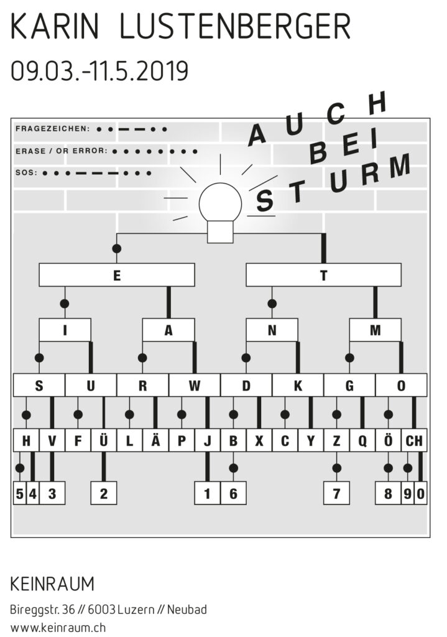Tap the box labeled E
pyautogui.click(x=116, y=274)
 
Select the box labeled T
pyautogui.click(x=323, y=274)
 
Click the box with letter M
pyautogui.click(x=375, y=330)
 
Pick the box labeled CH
pyautogui.click(x=414, y=441)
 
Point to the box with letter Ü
pyautogui.click(x=103, y=441)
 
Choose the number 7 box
pyautogui.click(x=336, y=495)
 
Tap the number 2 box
pyautogui.click(x=103, y=495)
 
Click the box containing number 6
pyautogui.click(x=233, y=495)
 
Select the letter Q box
pyautogui.click(x=362, y=441)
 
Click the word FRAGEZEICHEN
pyautogui.click(x=52, y=129)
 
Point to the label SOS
pyautogui.click(x=25, y=173)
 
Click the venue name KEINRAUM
pyautogui.click(x=52, y=584)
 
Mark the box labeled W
pyautogui.click(x=194, y=386)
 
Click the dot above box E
pyautogui.click(x=116, y=249)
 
